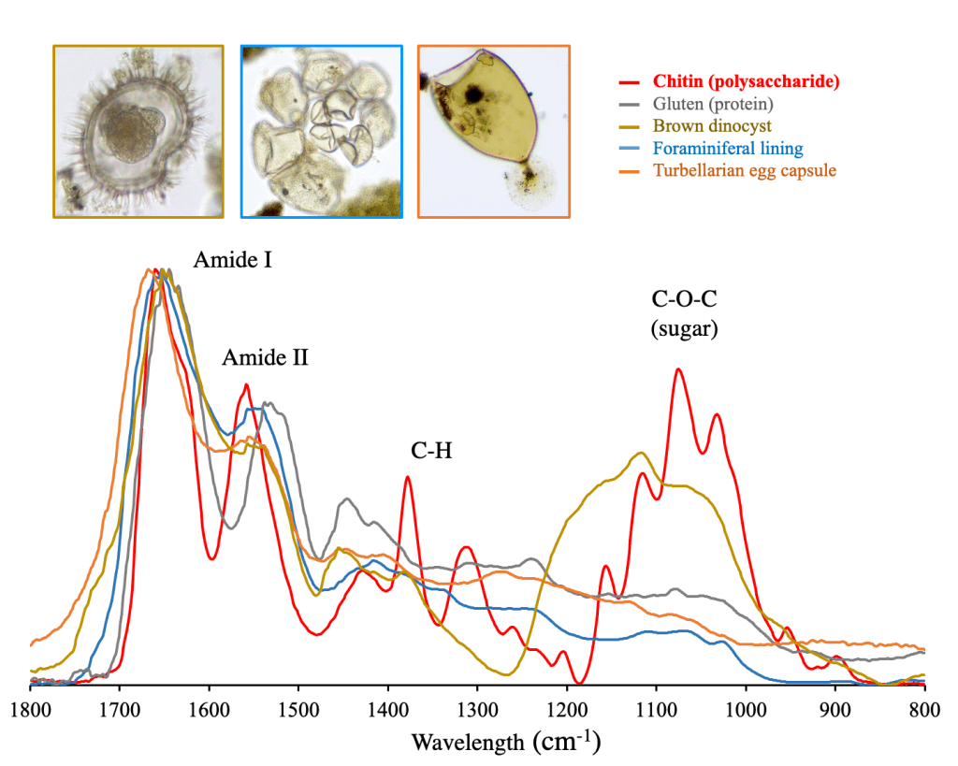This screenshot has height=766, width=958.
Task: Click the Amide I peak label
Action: point(233,261)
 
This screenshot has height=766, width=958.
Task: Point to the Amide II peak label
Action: point(266,357)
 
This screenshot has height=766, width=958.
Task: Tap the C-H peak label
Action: point(431,452)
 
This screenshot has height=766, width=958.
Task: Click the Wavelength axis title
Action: point(506,743)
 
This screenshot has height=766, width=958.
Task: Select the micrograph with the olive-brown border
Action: point(138,132)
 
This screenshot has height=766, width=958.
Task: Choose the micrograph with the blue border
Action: point(321,132)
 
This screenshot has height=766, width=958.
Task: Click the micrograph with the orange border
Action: point(493,132)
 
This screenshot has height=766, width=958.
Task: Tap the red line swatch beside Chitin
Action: point(629,80)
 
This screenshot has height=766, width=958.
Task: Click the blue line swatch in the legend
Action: point(629,149)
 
